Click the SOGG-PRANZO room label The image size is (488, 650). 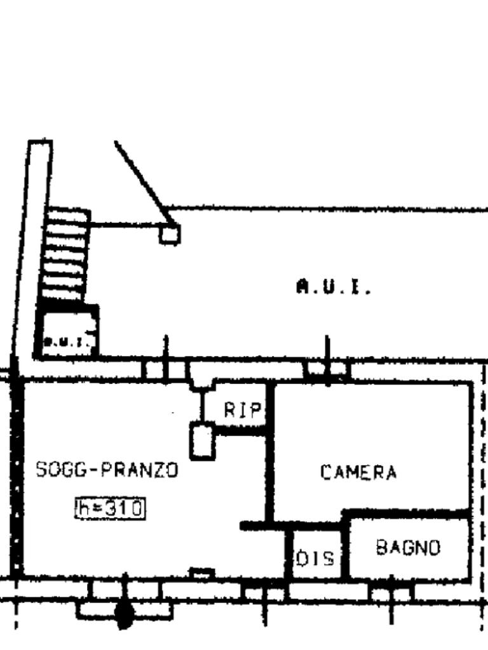coord(107,470)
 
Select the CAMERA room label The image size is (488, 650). coord(358,473)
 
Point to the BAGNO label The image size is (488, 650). coord(408,547)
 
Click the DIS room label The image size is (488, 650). coord(316,559)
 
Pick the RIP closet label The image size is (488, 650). coord(242,411)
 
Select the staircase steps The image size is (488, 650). coord(65,254)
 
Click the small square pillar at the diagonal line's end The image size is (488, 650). coord(169,234)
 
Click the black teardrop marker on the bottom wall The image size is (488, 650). coord(125,614)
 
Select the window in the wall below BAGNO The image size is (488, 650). coord(390,594)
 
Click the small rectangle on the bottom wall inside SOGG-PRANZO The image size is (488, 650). coord(202,573)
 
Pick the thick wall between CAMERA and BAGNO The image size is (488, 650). coord(407,513)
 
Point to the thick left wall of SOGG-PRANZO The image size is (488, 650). coord(17,476)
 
